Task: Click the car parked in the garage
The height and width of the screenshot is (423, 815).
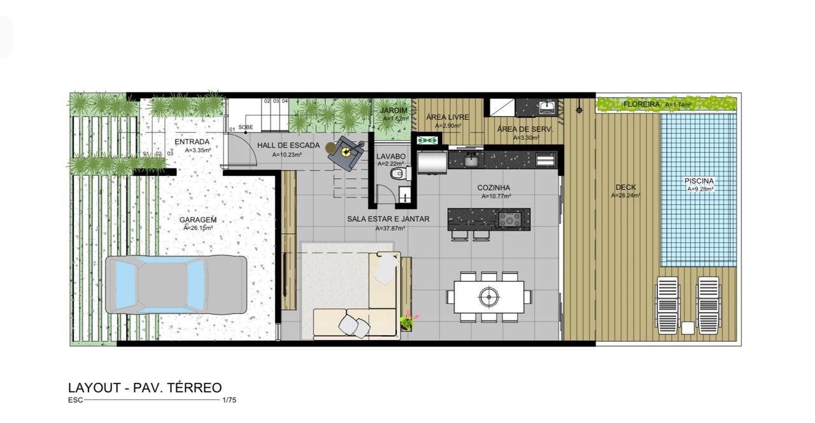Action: tap(176, 284)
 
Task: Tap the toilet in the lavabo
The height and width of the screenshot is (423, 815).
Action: tap(399, 173)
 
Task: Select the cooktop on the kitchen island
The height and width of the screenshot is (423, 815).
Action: tap(509, 219)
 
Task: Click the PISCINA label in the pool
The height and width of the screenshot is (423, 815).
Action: tap(699, 181)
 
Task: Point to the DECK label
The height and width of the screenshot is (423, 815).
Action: tap(625, 187)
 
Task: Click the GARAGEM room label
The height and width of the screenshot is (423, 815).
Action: tap(197, 220)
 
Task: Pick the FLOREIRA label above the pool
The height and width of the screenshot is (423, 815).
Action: tap(641, 104)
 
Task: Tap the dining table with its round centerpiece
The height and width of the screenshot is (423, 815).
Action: tap(488, 296)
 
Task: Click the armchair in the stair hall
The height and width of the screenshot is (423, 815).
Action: tap(348, 152)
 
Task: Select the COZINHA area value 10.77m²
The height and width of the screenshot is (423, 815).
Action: tap(496, 196)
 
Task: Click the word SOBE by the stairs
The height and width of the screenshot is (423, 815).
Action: tap(246, 127)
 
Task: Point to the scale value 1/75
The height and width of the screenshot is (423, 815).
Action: tap(229, 400)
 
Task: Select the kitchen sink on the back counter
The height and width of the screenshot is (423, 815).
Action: tap(471, 160)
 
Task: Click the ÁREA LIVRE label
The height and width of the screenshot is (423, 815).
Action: tap(447, 117)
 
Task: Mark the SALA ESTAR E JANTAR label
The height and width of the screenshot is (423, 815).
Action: tap(388, 219)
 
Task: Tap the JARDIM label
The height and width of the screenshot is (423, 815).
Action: tap(393, 110)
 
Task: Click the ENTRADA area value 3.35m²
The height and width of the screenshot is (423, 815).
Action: tap(197, 150)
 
